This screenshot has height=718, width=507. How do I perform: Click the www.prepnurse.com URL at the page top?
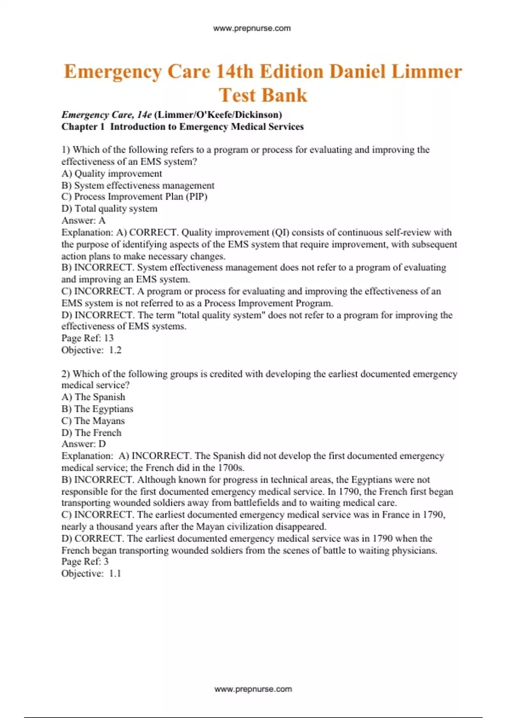click(x=252, y=28)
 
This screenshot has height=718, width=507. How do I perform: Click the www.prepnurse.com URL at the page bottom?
click(x=253, y=689)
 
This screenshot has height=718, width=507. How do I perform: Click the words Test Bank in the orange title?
click(x=263, y=95)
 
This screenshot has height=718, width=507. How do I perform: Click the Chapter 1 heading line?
click(x=183, y=127)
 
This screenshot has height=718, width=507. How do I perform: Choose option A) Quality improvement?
click(x=112, y=174)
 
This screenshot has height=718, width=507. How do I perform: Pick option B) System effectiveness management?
click(x=138, y=185)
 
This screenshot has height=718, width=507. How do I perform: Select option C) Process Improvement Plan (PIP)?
click(x=134, y=197)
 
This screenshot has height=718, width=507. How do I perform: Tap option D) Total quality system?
click(x=109, y=209)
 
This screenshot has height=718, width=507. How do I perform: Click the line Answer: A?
click(x=84, y=220)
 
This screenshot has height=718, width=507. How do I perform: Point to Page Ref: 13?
click(x=87, y=338)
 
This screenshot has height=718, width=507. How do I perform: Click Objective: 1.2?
click(x=91, y=350)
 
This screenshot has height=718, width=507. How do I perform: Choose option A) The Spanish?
click(x=93, y=397)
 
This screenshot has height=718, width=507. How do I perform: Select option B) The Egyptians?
click(x=97, y=409)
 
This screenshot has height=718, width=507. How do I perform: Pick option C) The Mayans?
click(x=93, y=421)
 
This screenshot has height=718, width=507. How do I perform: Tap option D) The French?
click(x=91, y=432)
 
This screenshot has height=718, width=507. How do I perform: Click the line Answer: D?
click(x=84, y=444)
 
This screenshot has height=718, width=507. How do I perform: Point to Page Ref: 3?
click(x=85, y=561)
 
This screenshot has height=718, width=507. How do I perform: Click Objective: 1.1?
click(x=91, y=574)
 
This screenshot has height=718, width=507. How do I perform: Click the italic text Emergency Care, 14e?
click(x=106, y=115)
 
